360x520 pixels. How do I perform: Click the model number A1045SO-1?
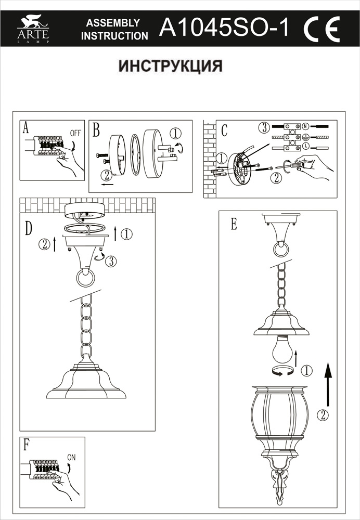224,28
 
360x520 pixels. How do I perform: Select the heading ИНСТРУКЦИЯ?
171,67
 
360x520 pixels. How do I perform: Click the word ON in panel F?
71,458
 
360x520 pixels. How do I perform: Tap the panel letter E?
234,224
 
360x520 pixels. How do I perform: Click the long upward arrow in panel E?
327,385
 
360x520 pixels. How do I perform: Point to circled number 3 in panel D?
110,261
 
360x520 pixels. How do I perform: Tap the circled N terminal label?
305,126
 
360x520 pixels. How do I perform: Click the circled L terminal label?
306,149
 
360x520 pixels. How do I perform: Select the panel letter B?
96,129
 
